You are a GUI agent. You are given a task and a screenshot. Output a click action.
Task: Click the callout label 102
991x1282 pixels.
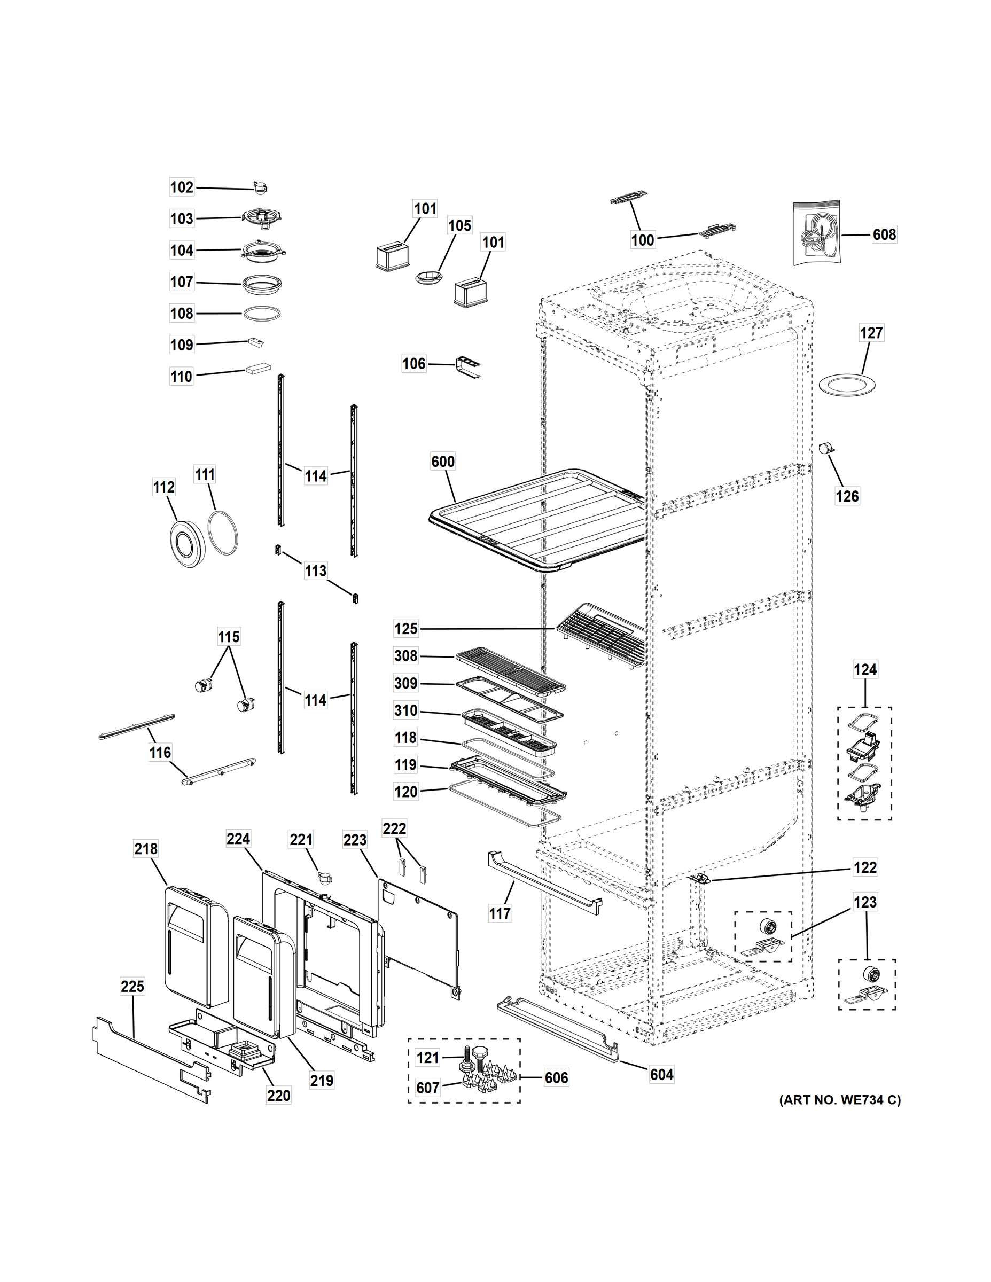click(x=182, y=187)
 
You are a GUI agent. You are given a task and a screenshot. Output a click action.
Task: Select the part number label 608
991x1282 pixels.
click(x=884, y=235)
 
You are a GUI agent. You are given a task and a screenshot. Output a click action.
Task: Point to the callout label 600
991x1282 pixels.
click(x=443, y=462)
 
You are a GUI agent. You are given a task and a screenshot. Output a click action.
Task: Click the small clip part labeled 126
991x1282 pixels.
click(x=827, y=449)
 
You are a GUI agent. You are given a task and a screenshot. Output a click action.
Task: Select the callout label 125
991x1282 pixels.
click(x=405, y=629)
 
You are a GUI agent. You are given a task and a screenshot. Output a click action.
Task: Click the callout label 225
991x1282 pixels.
click(x=132, y=986)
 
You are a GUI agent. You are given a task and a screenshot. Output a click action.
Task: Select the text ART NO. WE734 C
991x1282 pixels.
click(x=839, y=1100)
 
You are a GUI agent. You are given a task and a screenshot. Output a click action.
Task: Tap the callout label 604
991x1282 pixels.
click(x=661, y=1075)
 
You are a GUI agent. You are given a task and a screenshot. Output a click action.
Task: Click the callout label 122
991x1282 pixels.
click(x=865, y=867)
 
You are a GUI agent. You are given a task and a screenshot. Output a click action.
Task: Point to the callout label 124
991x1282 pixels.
click(x=865, y=669)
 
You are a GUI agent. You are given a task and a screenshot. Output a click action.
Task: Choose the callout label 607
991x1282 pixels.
click(x=427, y=1088)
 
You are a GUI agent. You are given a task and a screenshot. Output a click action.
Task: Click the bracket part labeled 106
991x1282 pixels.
click(x=469, y=366)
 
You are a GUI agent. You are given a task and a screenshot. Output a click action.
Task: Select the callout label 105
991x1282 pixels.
click(x=459, y=225)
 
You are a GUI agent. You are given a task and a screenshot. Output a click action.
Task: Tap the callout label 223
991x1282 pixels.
click(x=355, y=840)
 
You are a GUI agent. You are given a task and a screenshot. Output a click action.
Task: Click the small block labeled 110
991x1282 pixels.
click(x=259, y=368)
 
